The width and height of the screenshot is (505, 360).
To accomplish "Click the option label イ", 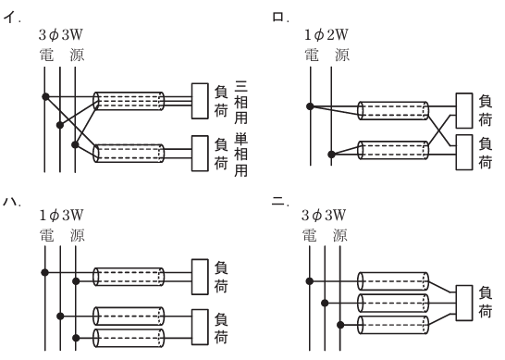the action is pyautogui.click(x=10, y=17).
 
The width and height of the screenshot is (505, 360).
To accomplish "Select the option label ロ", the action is pyautogui.click(x=279, y=17).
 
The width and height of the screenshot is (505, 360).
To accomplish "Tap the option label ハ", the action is pyautogui.click(x=11, y=202).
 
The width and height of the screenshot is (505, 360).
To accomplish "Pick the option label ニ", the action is pyautogui.click(x=279, y=202).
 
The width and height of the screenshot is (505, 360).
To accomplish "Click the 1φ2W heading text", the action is pyautogui.click(x=326, y=35).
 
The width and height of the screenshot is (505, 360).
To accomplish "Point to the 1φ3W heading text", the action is pyautogui.click(x=61, y=216).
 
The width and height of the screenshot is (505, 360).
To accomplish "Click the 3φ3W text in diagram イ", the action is pyautogui.click(x=60, y=35).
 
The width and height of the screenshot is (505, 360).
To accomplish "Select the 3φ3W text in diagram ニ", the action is pyautogui.click(x=324, y=216).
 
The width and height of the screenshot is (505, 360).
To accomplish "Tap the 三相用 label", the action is pyautogui.click(x=240, y=103).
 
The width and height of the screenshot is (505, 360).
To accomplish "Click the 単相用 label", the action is pyautogui.click(x=240, y=155).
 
